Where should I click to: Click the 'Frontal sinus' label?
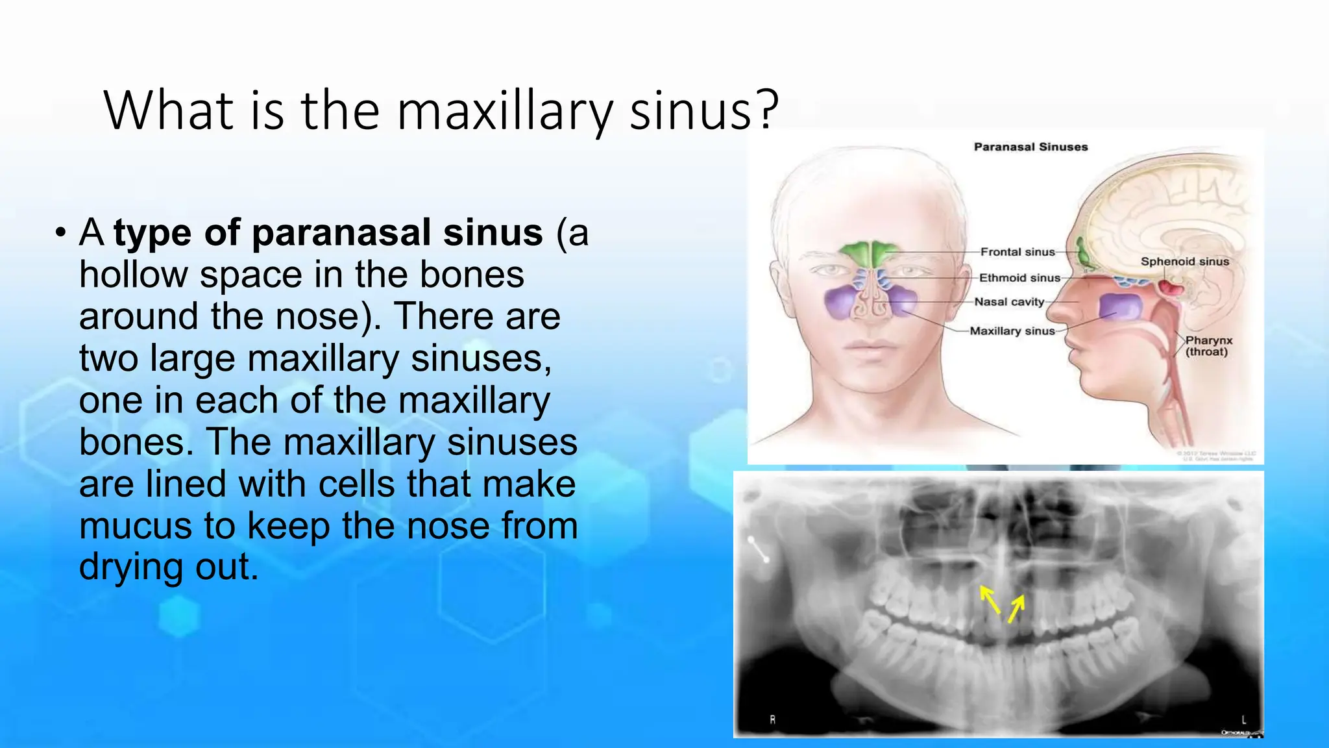click(x=1017, y=252)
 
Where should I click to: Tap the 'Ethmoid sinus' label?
click(x=1019, y=278)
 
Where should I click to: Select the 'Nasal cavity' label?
click(x=1009, y=302)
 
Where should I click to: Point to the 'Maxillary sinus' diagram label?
click(x=1012, y=331)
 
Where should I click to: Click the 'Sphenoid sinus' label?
click(x=1184, y=262)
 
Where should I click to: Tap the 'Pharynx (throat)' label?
click(x=1208, y=346)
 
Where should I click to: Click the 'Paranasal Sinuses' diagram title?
click(x=1030, y=147)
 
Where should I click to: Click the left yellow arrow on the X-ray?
click(x=990, y=599)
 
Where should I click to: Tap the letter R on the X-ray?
click(x=772, y=719)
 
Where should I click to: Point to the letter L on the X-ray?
click(x=1243, y=719)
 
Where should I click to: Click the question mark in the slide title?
click(x=768, y=110)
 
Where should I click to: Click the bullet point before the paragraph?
click(x=60, y=232)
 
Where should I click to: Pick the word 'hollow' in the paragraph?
click(x=133, y=275)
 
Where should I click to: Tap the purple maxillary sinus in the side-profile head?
click(x=1120, y=306)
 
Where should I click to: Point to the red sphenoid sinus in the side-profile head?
click(x=1171, y=286)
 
